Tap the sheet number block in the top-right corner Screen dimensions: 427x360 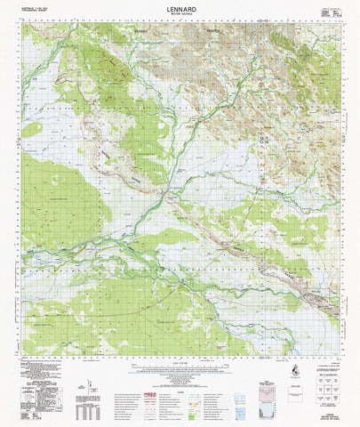coord(330,10)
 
